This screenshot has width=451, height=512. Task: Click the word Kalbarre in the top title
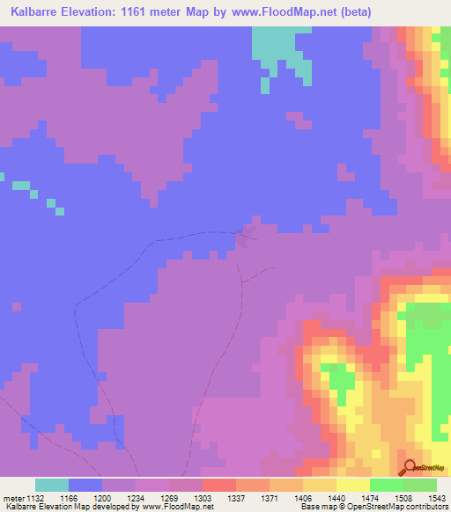coord(36,12)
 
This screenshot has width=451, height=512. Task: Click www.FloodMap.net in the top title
coord(277,12)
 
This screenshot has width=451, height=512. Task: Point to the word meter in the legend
coord(15,497)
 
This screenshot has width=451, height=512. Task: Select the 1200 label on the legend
coord(103,497)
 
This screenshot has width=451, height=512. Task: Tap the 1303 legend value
coord(203,497)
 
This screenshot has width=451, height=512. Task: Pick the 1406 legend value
coord(304,497)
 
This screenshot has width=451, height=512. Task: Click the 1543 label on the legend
coord(437,497)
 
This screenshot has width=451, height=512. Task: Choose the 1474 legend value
coord(370,497)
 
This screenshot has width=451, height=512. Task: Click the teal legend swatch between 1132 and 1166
coord(52,485)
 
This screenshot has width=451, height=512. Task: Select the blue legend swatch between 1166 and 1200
coord(85,485)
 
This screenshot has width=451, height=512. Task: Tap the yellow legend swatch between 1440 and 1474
coord(353,485)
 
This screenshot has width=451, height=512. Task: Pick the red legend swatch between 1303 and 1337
coord(219,485)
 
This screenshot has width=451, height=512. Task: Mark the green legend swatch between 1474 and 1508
coord(387,485)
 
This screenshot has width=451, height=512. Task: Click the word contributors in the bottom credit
coord(426,507)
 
